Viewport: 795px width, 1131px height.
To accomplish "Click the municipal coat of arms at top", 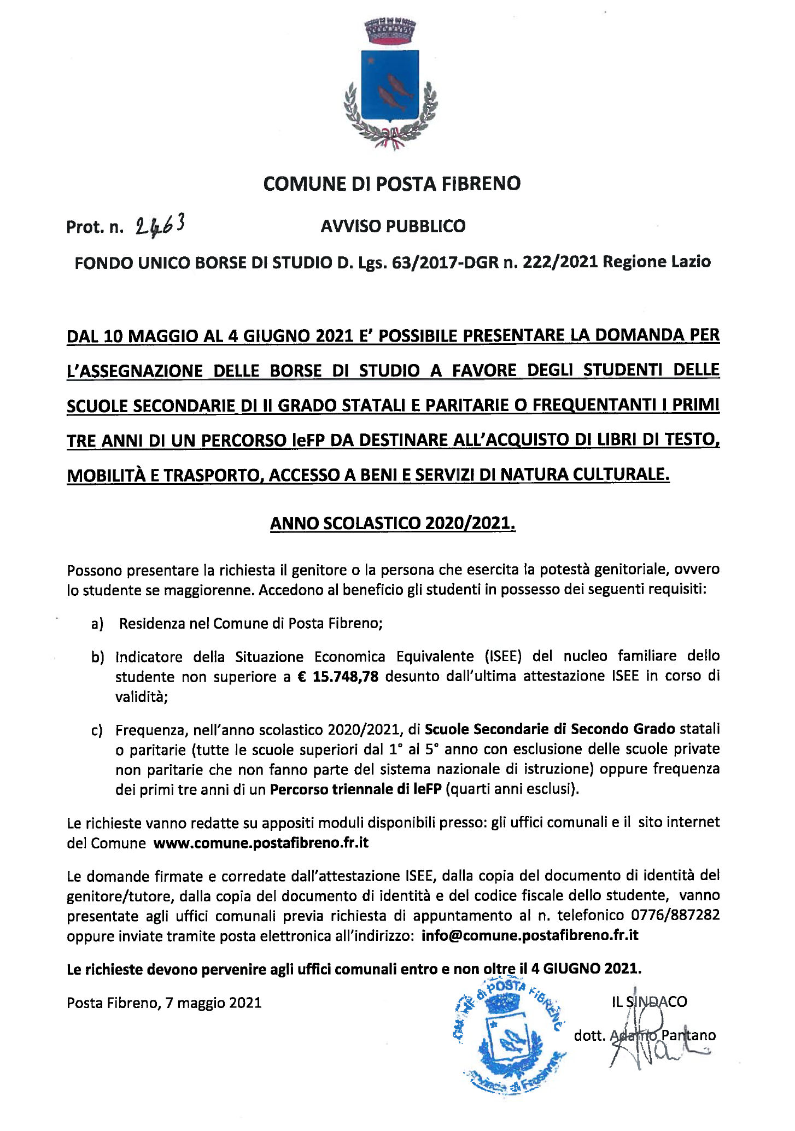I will click(x=390, y=85).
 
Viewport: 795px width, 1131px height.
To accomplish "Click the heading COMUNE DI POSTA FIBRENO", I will click(x=391, y=184).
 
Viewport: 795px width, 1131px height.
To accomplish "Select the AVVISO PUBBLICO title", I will click(x=393, y=226).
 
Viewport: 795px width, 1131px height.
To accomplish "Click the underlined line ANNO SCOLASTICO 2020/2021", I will click(x=393, y=523).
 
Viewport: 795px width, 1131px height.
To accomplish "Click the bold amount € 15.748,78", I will click(x=338, y=677).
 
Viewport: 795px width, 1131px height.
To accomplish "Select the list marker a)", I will click(x=97, y=624).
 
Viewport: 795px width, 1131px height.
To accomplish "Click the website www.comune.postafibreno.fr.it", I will click(x=261, y=843).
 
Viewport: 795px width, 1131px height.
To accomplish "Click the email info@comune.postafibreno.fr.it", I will click(x=530, y=936).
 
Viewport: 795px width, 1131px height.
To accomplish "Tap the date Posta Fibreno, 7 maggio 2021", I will click(x=164, y=1003).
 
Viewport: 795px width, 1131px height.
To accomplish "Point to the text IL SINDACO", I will click(x=649, y=1002).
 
